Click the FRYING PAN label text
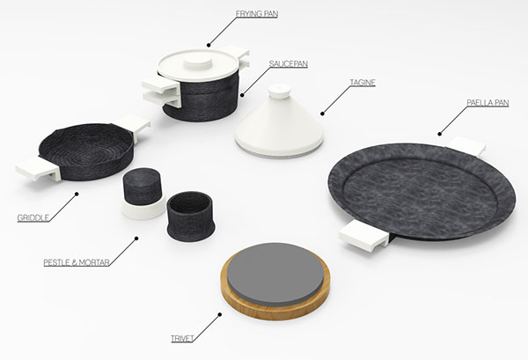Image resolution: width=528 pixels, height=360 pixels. (x=257, y=14)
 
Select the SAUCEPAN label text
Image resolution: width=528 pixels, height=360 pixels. (x=289, y=63)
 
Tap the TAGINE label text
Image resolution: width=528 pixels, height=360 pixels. (x=363, y=83)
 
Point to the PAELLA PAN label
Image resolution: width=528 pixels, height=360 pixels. (x=488, y=103)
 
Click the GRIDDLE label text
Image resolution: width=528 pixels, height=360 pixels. (x=33, y=217)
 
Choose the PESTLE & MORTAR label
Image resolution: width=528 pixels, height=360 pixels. (x=77, y=262)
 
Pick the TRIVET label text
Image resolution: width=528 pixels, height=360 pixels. (x=182, y=339)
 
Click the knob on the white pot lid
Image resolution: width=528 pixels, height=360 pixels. (x=198, y=63)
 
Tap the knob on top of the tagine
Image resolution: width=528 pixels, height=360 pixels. (x=279, y=91)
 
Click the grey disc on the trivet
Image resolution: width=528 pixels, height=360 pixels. (x=275, y=274)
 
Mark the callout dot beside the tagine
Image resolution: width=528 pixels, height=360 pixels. (x=322, y=114)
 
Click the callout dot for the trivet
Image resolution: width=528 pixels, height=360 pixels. (x=219, y=314)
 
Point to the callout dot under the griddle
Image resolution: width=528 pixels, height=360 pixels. (x=77, y=194)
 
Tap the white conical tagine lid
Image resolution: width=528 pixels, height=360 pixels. (x=279, y=125)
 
